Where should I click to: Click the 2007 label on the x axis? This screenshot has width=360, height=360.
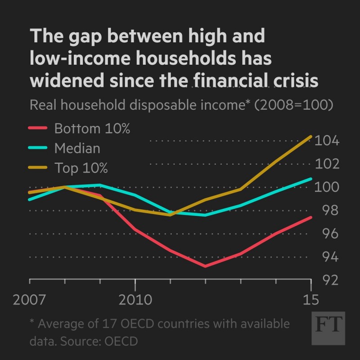[29, 300]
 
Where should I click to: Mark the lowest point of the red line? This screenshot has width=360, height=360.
[205, 266]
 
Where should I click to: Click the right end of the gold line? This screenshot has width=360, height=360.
[311, 136]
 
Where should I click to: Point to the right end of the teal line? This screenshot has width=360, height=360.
[311, 179]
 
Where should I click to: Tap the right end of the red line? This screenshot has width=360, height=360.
[311, 217]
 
